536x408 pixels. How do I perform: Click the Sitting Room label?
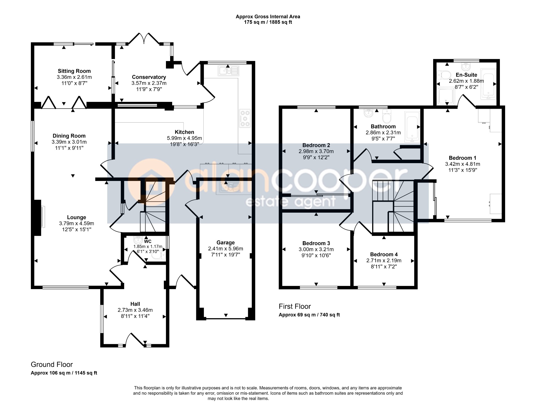point(74,71)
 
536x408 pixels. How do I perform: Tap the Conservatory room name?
point(149,77)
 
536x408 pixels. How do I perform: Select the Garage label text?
point(226,242)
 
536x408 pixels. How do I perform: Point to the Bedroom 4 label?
point(384,254)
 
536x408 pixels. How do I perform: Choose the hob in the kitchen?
point(245,118)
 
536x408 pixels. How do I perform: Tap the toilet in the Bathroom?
point(386,116)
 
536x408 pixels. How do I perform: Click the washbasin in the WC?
point(138,240)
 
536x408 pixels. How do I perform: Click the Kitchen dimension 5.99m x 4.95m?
point(185,138)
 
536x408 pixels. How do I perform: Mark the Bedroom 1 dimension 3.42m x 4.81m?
point(463,164)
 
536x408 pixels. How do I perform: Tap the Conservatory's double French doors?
point(144,38)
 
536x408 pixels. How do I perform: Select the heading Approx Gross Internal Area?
point(268,16)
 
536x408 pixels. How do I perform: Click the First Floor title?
point(295,306)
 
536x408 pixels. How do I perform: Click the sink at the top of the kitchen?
point(228,70)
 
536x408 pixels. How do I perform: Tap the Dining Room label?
point(69,136)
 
